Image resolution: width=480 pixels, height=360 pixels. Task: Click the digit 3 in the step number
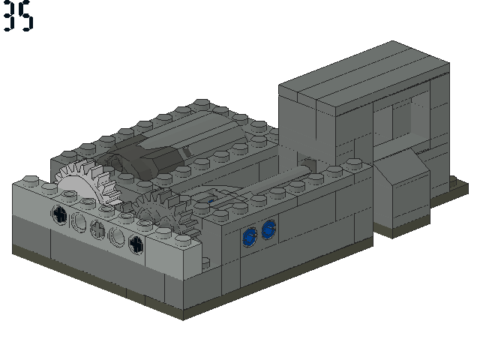click(x=9, y=15)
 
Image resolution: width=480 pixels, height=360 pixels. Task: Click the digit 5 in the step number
click(x=25, y=16)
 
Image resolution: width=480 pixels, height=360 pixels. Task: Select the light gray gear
click(x=85, y=182)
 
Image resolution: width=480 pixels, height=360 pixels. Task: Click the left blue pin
click(x=250, y=237)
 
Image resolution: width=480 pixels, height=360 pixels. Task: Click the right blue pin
click(x=268, y=229)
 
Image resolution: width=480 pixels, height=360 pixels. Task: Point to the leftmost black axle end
click(x=60, y=214)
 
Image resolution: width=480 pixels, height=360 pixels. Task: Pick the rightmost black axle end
click(x=136, y=244)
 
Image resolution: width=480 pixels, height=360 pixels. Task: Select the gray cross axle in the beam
click(x=97, y=229)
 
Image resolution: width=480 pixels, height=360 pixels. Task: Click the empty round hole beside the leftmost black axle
click(x=79, y=221)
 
